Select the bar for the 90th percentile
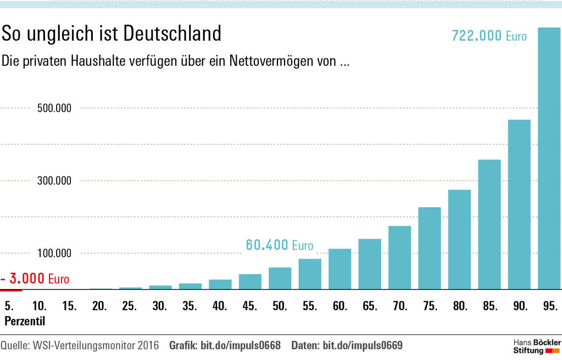tap(519, 204)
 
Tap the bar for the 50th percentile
tap(280, 278)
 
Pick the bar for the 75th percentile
tap(430, 248)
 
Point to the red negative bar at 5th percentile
tap(11, 290)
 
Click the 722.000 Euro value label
tap(489, 36)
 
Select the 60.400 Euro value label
tap(279, 245)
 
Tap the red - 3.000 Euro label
tap(35, 279)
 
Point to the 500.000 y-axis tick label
tap(54, 108)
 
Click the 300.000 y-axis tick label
tap(54, 181)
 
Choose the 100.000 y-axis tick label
tap(54, 253)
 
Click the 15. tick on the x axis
tap(69, 306)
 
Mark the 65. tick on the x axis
tap(370, 306)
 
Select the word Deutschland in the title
tap(172, 34)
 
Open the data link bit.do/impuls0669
tap(363, 346)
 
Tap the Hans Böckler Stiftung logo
tap(533, 346)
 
